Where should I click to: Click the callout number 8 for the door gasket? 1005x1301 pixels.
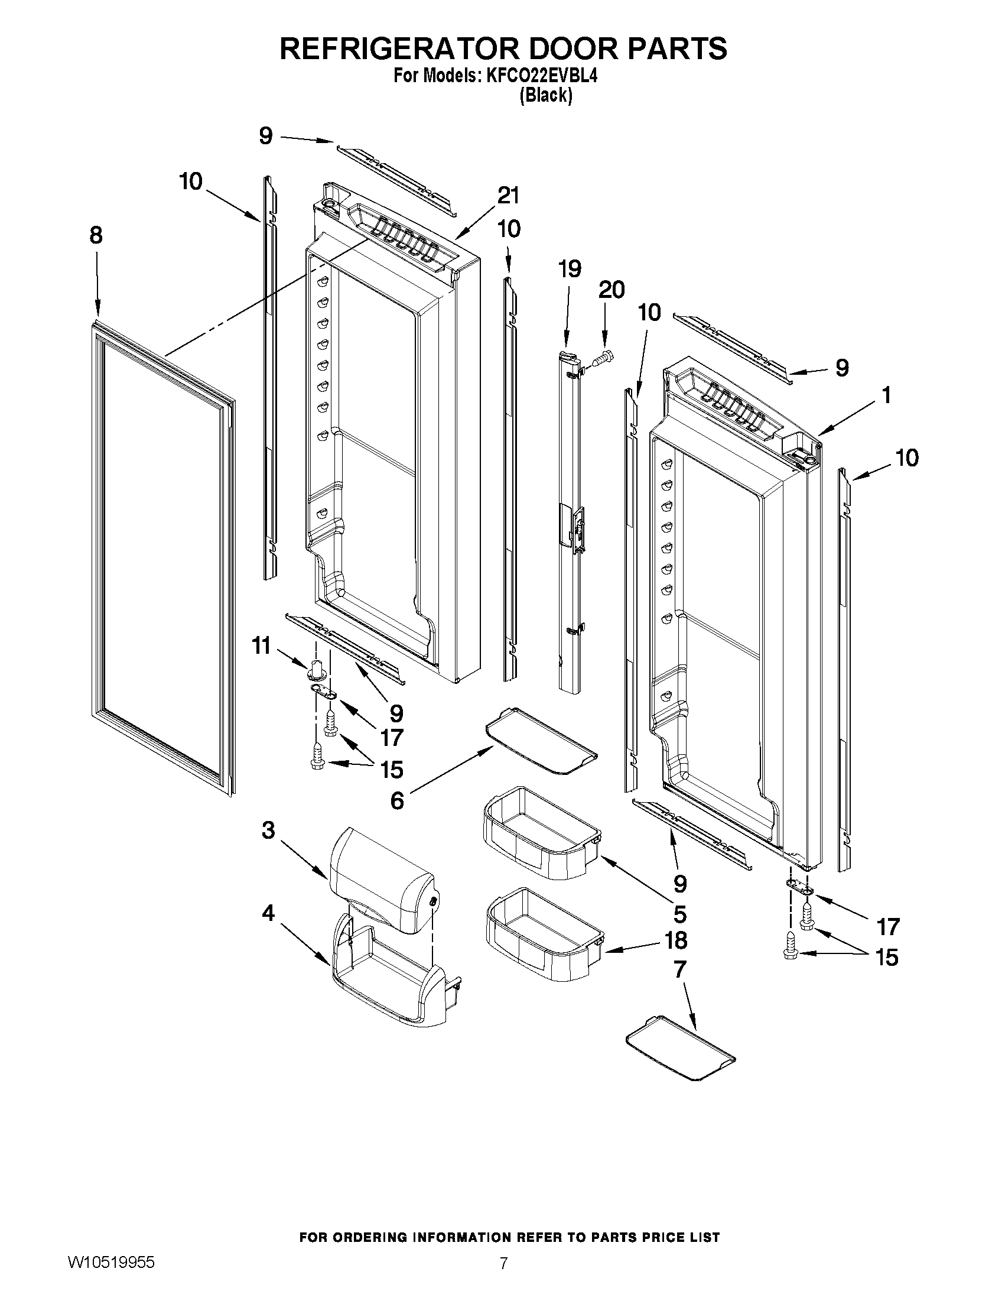[x=96, y=235]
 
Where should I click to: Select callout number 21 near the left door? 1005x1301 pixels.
[x=509, y=196]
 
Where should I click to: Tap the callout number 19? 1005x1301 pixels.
[x=570, y=269]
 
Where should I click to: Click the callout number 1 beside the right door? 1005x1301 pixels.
[x=886, y=395]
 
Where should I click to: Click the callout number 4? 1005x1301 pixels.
[x=268, y=913]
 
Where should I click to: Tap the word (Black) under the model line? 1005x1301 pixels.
[x=545, y=96]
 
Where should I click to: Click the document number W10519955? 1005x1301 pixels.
[x=111, y=1274]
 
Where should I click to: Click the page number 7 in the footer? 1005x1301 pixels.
[x=504, y=1276]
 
